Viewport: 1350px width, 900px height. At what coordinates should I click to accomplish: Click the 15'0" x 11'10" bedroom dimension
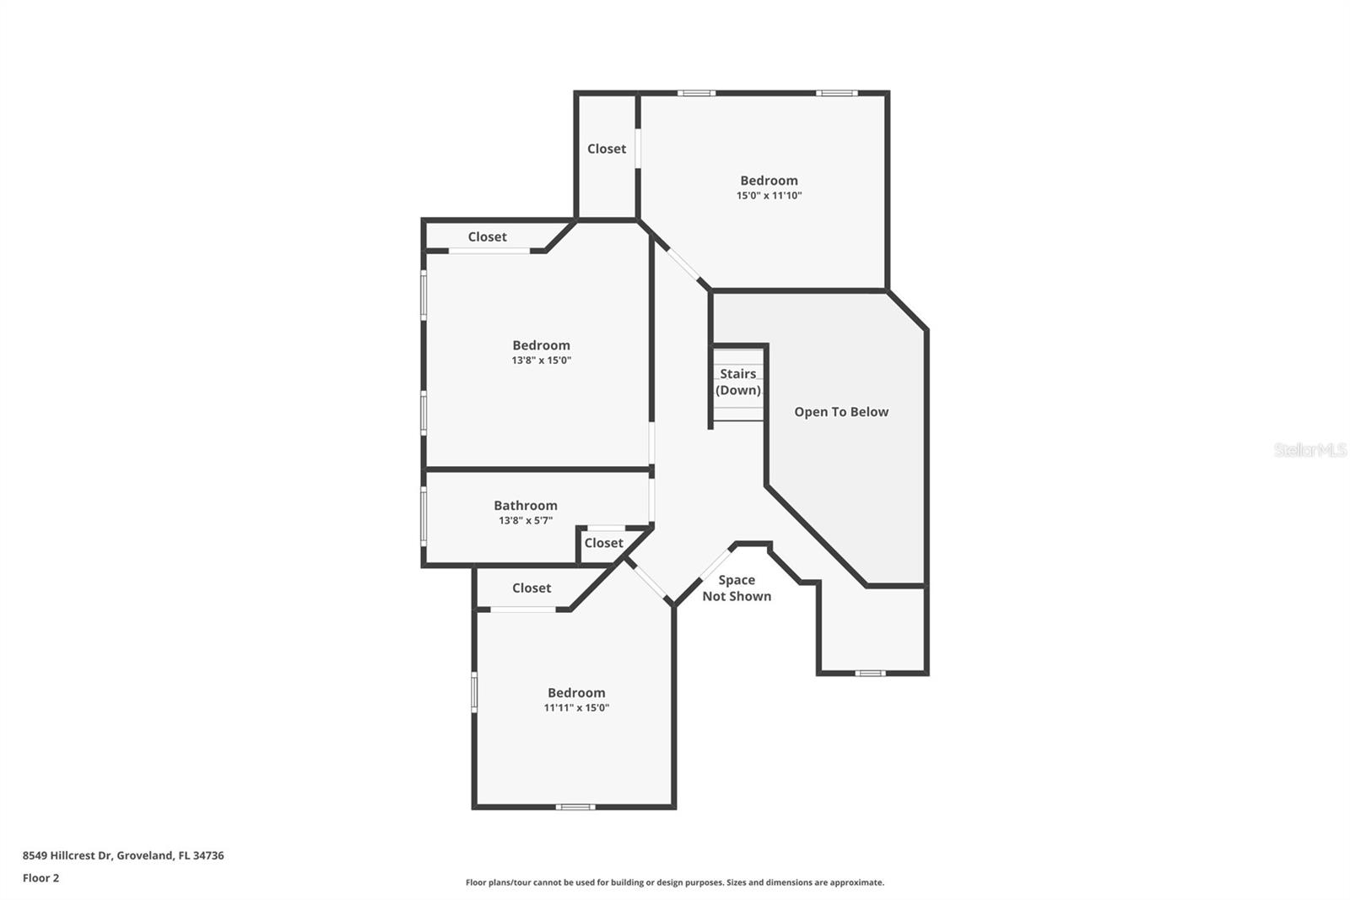(x=769, y=196)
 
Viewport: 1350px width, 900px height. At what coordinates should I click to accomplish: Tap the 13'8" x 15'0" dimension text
(x=541, y=361)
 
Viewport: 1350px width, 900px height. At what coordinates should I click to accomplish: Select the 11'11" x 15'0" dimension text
(x=576, y=708)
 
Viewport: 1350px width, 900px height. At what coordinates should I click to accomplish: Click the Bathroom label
(x=526, y=506)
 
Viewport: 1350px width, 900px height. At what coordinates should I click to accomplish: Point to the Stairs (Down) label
(x=738, y=382)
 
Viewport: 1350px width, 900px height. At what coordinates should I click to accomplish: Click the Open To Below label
(x=841, y=412)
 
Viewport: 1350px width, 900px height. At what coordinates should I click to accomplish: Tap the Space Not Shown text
(x=737, y=588)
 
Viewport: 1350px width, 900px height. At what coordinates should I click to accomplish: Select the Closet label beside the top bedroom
(x=607, y=149)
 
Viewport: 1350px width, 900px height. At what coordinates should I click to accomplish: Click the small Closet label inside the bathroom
(x=603, y=543)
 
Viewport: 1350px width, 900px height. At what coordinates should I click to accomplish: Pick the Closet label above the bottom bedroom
(x=532, y=588)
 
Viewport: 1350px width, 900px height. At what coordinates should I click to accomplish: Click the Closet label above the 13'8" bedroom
(x=488, y=236)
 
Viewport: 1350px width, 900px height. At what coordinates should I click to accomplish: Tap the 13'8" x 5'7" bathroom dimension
(x=526, y=521)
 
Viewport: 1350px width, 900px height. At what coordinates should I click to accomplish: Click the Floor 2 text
(x=40, y=878)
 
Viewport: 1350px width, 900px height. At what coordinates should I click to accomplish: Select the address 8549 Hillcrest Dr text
(x=123, y=855)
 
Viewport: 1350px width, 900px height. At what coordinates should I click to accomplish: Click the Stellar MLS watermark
(x=1309, y=450)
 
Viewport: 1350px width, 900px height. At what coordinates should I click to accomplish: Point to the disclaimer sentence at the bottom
(x=675, y=882)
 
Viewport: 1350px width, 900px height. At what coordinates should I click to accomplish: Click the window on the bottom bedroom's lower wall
(x=575, y=806)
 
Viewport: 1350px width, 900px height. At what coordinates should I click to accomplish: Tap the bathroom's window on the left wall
(x=424, y=516)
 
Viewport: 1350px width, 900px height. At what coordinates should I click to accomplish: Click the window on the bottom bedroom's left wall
(x=474, y=691)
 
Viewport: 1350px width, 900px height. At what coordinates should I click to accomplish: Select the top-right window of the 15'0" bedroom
(x=836, y=93)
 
